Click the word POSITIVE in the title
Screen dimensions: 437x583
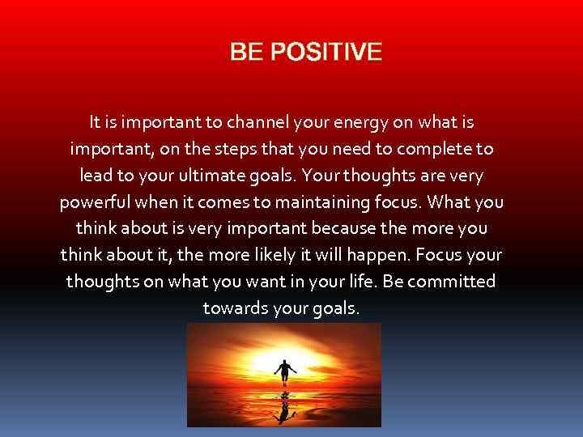pos(328,53)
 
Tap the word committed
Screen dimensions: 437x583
pos(453,282)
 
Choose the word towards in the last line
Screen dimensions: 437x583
pos(236,308)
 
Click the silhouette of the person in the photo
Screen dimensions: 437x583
pos(283,372)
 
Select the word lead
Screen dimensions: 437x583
pos(97,176)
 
